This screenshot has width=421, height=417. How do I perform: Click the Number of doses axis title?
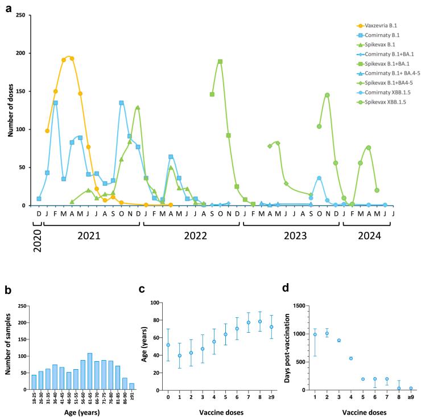coord(11,110)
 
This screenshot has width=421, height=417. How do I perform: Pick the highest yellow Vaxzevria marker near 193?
coord(72,58)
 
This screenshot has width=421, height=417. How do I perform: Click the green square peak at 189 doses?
coord(220,62)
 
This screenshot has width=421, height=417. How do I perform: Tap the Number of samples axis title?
coord(7,348)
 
